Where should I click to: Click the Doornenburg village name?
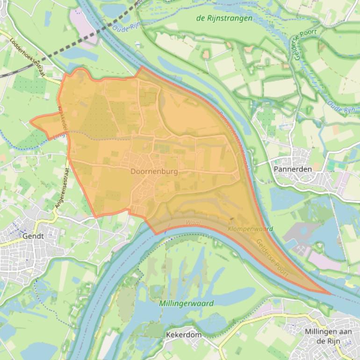(x=154, y=172)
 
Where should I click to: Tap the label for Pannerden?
(x=293, y=169)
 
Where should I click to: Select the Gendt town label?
(x=33, y=236)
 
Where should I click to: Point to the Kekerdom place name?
(x=184, y=335)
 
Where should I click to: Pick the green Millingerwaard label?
(x=186, y=303)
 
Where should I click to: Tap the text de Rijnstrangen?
(x=224, y=18)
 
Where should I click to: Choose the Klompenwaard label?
(x=251, y=229)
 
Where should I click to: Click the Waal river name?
(x=193, y=223)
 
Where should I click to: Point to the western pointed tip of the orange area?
(x=31, y=122)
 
